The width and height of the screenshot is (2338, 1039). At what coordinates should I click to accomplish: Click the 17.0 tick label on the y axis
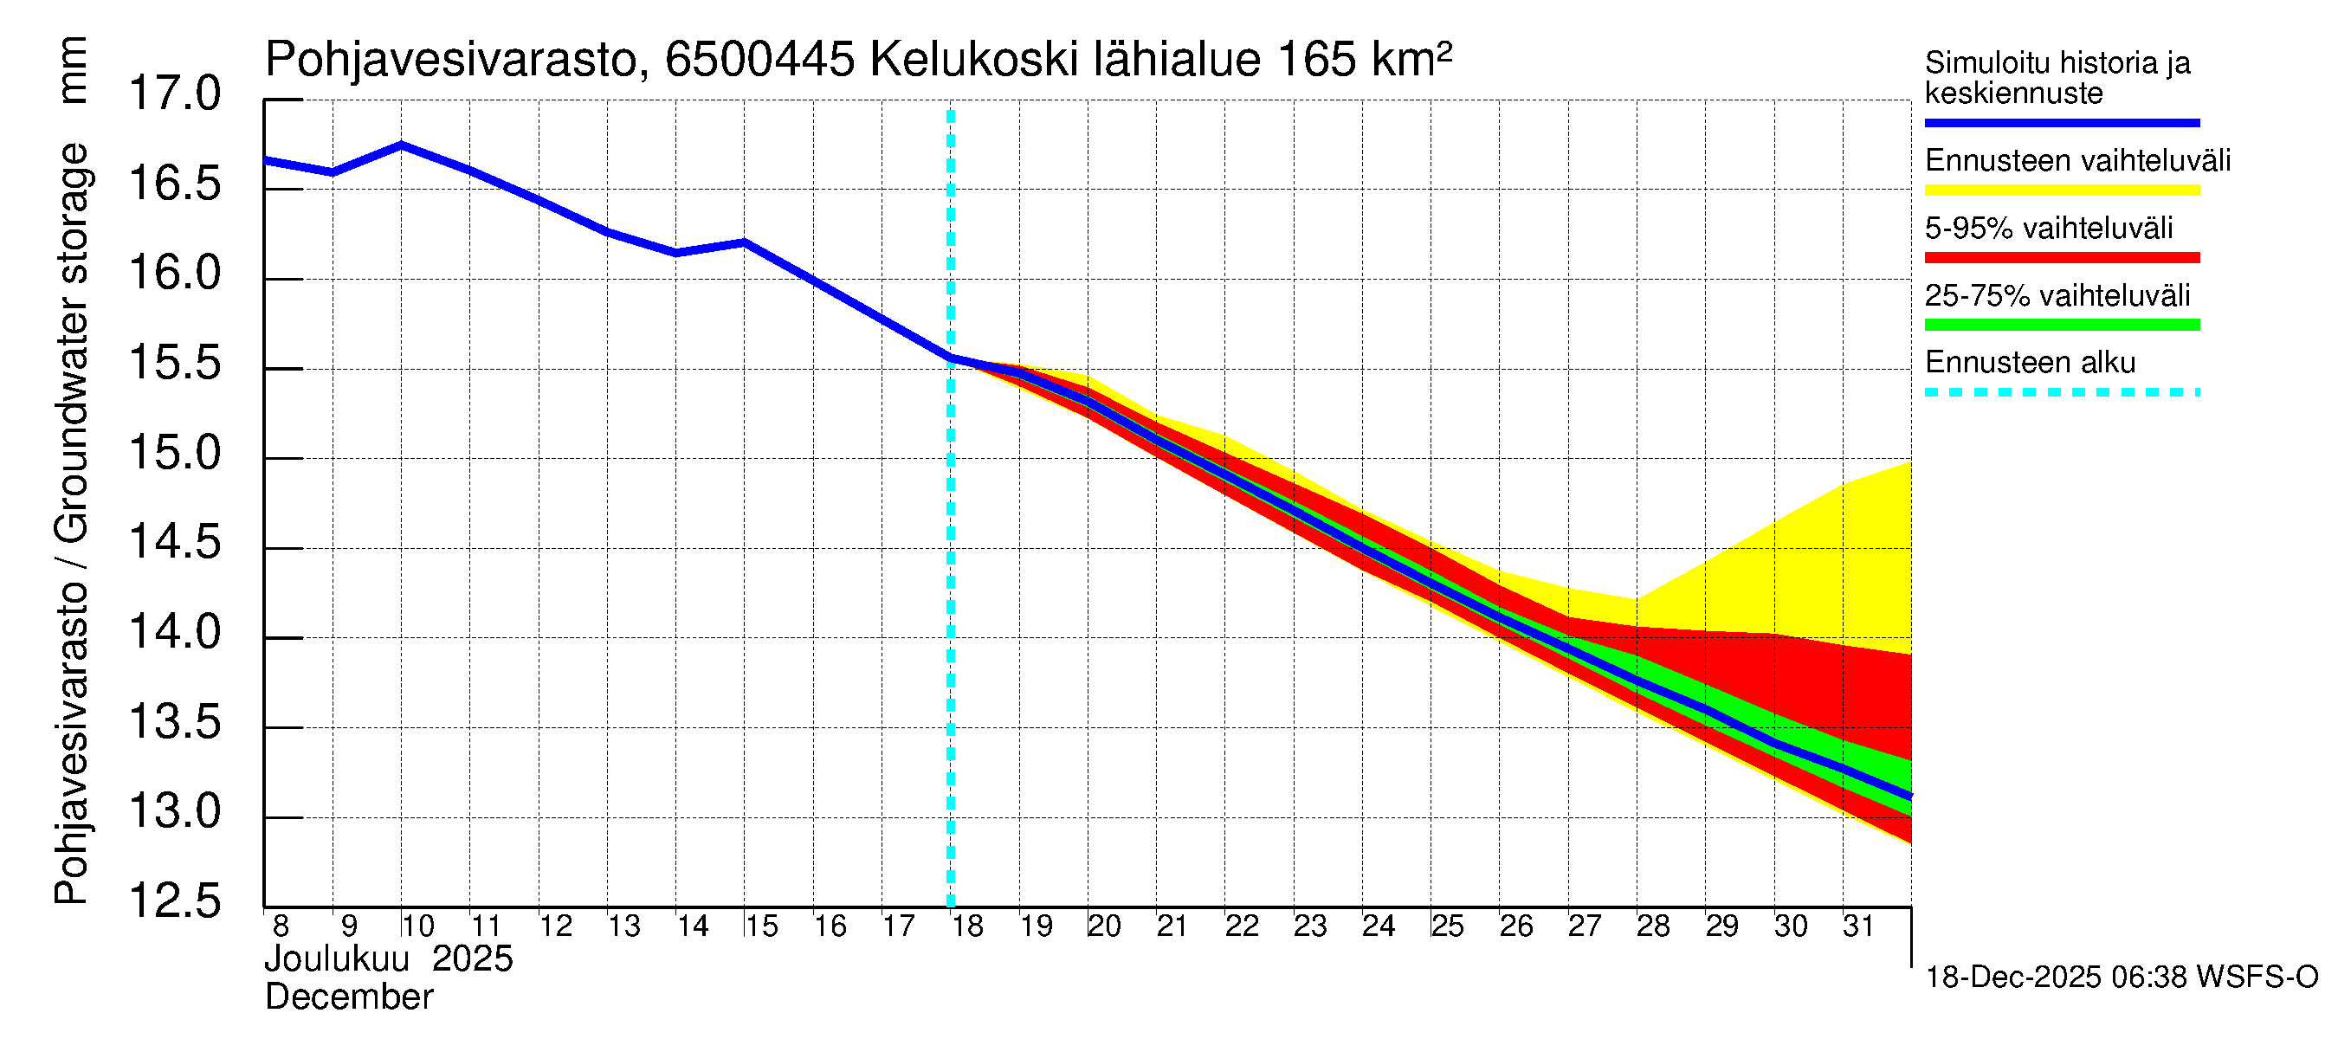click(174, 94)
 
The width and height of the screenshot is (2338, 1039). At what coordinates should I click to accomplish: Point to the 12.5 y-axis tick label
click(174, 901)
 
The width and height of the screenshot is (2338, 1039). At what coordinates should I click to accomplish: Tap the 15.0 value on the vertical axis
click(174, 453)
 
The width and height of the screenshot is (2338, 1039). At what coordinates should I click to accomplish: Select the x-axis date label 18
click(967, 926)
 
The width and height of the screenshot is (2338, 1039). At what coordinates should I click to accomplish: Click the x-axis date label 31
click(1858, 926)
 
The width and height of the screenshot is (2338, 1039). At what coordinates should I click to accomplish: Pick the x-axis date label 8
click(281, 926)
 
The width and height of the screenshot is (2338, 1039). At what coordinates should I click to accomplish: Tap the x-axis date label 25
click(1447, 926)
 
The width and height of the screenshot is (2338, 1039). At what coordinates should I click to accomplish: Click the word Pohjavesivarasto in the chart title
click(452, 61)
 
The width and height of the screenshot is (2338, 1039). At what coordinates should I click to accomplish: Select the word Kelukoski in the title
click(974, 61)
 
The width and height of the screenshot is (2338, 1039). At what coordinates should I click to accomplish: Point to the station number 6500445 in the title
click(759, 61)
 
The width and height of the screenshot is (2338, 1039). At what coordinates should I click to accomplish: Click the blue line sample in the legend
click(2061, 122)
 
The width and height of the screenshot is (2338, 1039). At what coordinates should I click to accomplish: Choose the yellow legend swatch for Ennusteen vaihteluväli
click(2061, 190)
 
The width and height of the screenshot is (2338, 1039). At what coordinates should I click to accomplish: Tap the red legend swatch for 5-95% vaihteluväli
click(2061, 258)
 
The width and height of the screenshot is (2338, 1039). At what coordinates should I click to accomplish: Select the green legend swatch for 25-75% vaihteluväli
click(2061, 325)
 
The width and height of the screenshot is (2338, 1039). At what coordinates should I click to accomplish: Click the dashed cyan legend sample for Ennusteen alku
click(2061, 393)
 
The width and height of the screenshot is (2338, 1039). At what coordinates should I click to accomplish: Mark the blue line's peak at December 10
click(401, 145)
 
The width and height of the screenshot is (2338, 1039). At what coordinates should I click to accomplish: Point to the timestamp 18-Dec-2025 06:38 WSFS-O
click(2121, 978)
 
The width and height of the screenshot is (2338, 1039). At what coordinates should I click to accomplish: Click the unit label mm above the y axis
click(72, 70)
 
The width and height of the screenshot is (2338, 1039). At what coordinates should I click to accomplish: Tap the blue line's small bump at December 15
click(744, 242)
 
